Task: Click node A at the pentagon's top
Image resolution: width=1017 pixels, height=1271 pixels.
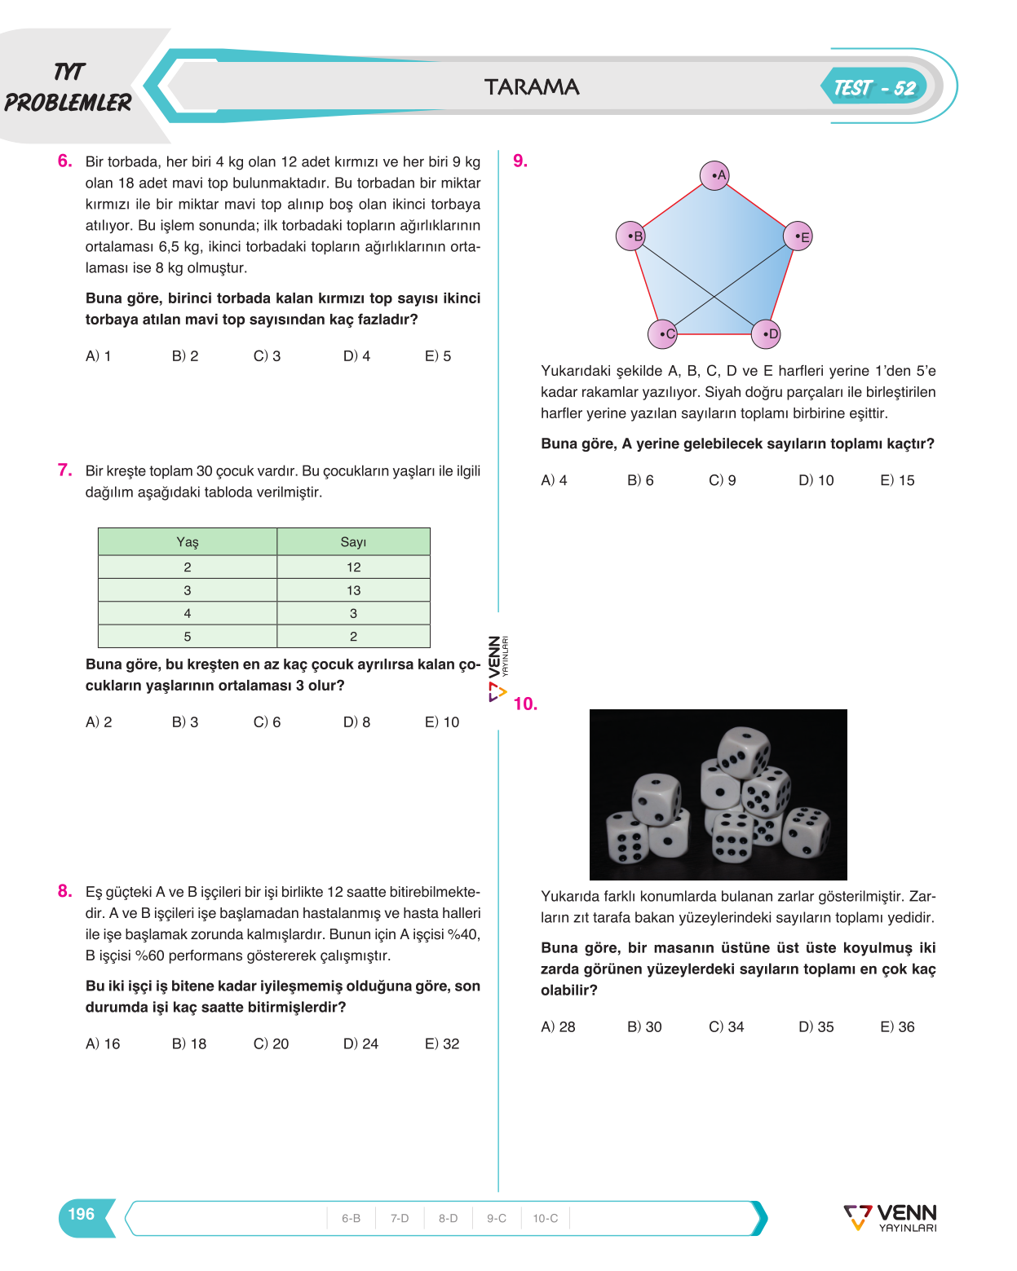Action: pos(714,175)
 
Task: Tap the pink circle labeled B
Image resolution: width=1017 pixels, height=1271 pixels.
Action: pos(630,236)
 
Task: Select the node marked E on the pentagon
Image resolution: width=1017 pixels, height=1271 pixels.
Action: pos(798,236)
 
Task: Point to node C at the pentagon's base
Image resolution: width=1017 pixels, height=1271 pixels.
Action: pos(662,333)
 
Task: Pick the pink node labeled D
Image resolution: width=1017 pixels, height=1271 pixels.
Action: pos(766,333)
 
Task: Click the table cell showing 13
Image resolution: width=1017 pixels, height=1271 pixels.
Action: pos(353,590)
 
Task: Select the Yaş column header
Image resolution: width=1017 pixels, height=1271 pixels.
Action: pos(188,541)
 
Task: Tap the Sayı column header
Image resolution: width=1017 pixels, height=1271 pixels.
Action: pos(353,541)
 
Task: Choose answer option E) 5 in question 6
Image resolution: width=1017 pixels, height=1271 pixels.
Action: pos(438,356)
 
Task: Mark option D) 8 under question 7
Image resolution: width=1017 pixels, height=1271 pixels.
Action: pos(356,722)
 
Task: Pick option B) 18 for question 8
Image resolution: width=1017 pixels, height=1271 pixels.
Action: pos(189,1044)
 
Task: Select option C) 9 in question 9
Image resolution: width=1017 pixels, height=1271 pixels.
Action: pos(722,480)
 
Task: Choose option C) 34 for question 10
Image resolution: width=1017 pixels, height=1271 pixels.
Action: pos(727,1026)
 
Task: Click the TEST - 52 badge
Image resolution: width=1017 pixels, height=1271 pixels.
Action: pos(874,87)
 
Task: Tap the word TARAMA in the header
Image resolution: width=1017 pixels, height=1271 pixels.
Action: pos(531,86)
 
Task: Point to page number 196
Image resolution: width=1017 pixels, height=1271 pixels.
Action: pos(82,1214)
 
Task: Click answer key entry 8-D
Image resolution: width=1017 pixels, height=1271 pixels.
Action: pos(448,1218)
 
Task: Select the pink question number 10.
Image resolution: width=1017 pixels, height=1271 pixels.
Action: pos(525,704)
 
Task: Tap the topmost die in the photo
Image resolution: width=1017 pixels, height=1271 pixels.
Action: pos(744,751)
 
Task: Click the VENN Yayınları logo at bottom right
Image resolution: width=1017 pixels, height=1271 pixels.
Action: pos(891,1218)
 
